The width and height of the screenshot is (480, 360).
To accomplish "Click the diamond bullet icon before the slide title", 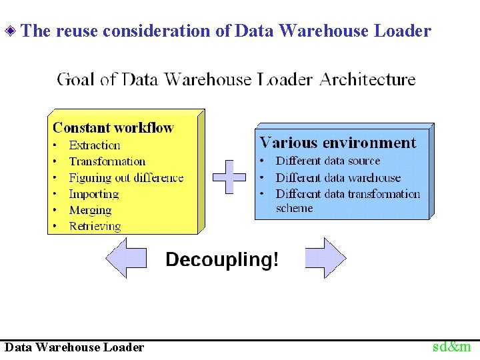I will (11, 31).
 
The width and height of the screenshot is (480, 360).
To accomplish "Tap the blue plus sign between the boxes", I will (229, 177).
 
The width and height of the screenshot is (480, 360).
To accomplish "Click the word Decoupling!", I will (222, 259).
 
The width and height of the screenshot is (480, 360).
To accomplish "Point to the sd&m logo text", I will (451, 347).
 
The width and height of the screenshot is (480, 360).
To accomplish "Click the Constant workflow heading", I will (113, 127).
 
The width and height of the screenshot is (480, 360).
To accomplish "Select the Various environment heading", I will (337, 143).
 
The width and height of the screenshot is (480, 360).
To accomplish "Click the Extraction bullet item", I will (95, 145).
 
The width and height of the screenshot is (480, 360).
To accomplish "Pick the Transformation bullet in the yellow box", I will (107, 161).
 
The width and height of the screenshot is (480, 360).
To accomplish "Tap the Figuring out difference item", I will (126, 177).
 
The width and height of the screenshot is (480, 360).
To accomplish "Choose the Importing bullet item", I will (93, 194).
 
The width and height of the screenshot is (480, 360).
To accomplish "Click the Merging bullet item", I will (90, 210).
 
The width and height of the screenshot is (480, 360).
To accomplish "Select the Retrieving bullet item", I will (95, 226).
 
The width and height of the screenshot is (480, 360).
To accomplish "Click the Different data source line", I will (327, 161).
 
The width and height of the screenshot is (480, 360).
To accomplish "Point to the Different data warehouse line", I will (338, 177).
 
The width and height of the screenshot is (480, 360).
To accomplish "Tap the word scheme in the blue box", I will (294, 208).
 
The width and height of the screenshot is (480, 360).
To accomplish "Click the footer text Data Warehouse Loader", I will (74, 347).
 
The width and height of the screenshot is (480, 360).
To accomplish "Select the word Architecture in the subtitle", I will (367, 79).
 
